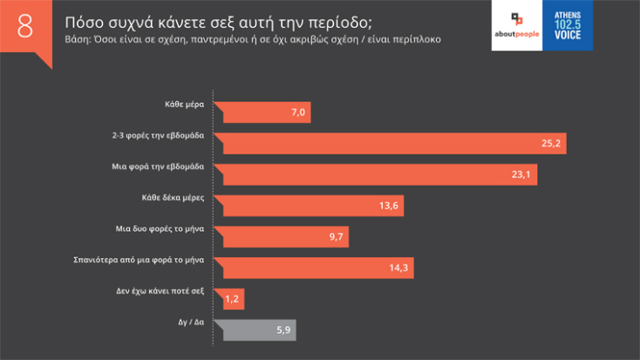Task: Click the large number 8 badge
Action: pos(24,26)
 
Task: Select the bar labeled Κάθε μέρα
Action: pos(262,113)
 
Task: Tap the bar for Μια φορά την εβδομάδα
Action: pos(375,174)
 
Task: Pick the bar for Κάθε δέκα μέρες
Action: pos(310,206)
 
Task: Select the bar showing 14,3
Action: pos(314,267)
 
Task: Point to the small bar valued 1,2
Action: pos(228,299)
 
